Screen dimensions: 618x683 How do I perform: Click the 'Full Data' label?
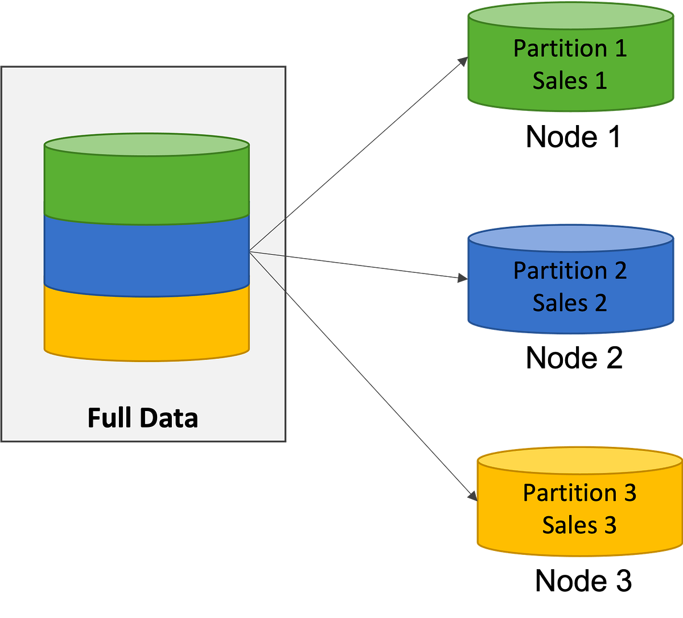click(143, 418)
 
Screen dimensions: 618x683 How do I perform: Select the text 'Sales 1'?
click(570, 81)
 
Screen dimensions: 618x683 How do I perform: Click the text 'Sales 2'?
click(570, 303)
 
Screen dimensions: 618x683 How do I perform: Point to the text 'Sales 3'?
click(579, 525)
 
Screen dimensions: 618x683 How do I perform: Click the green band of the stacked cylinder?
click(146, 188)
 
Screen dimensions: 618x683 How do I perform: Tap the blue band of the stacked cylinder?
click(146, 256)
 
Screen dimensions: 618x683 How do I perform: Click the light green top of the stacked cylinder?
click(146, 144)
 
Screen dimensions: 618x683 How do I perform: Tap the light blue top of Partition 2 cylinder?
click(570, 239)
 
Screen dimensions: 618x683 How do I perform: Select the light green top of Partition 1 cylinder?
click(570, 16)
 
